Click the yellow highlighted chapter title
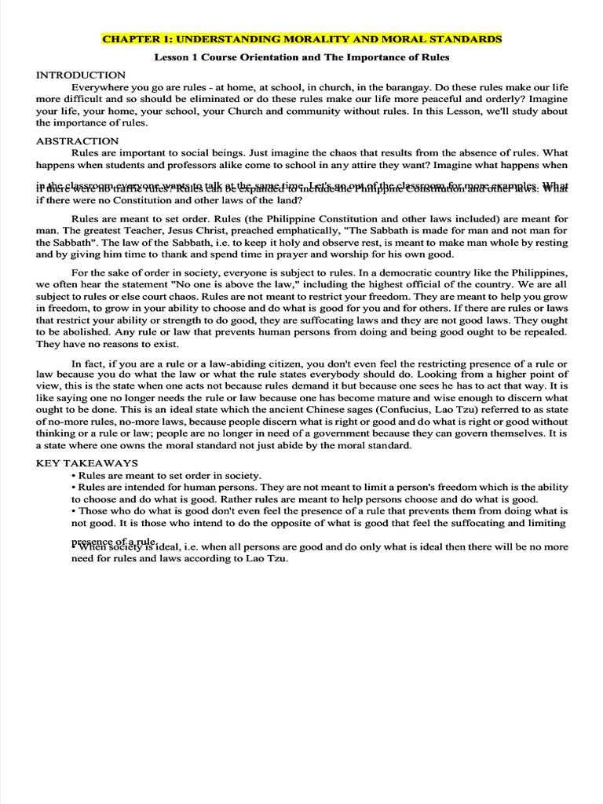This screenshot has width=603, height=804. point(301,38)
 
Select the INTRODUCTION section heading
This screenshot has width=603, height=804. point(81,75)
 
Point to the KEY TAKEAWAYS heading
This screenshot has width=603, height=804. point(87,463)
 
